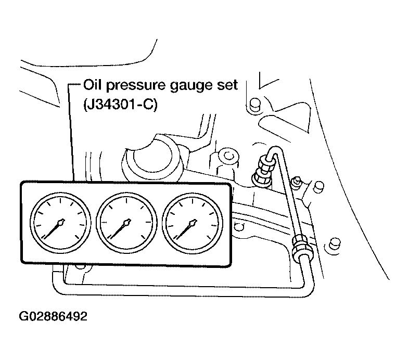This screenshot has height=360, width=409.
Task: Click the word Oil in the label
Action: point(93,85)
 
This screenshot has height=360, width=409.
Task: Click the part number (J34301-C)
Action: point(121,105)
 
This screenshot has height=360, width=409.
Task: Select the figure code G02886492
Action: point(53,316)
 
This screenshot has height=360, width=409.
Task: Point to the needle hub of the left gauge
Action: point(62,222)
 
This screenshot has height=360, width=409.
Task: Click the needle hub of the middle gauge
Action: point(128,222)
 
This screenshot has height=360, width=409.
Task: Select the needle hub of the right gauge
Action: point(194,222)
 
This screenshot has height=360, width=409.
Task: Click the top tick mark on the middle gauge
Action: point(126,201)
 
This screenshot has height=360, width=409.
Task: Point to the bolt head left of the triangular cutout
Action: point(254,105)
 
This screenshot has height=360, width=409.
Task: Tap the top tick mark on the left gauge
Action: point(60,201)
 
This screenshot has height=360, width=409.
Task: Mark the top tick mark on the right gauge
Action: point(192,201)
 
